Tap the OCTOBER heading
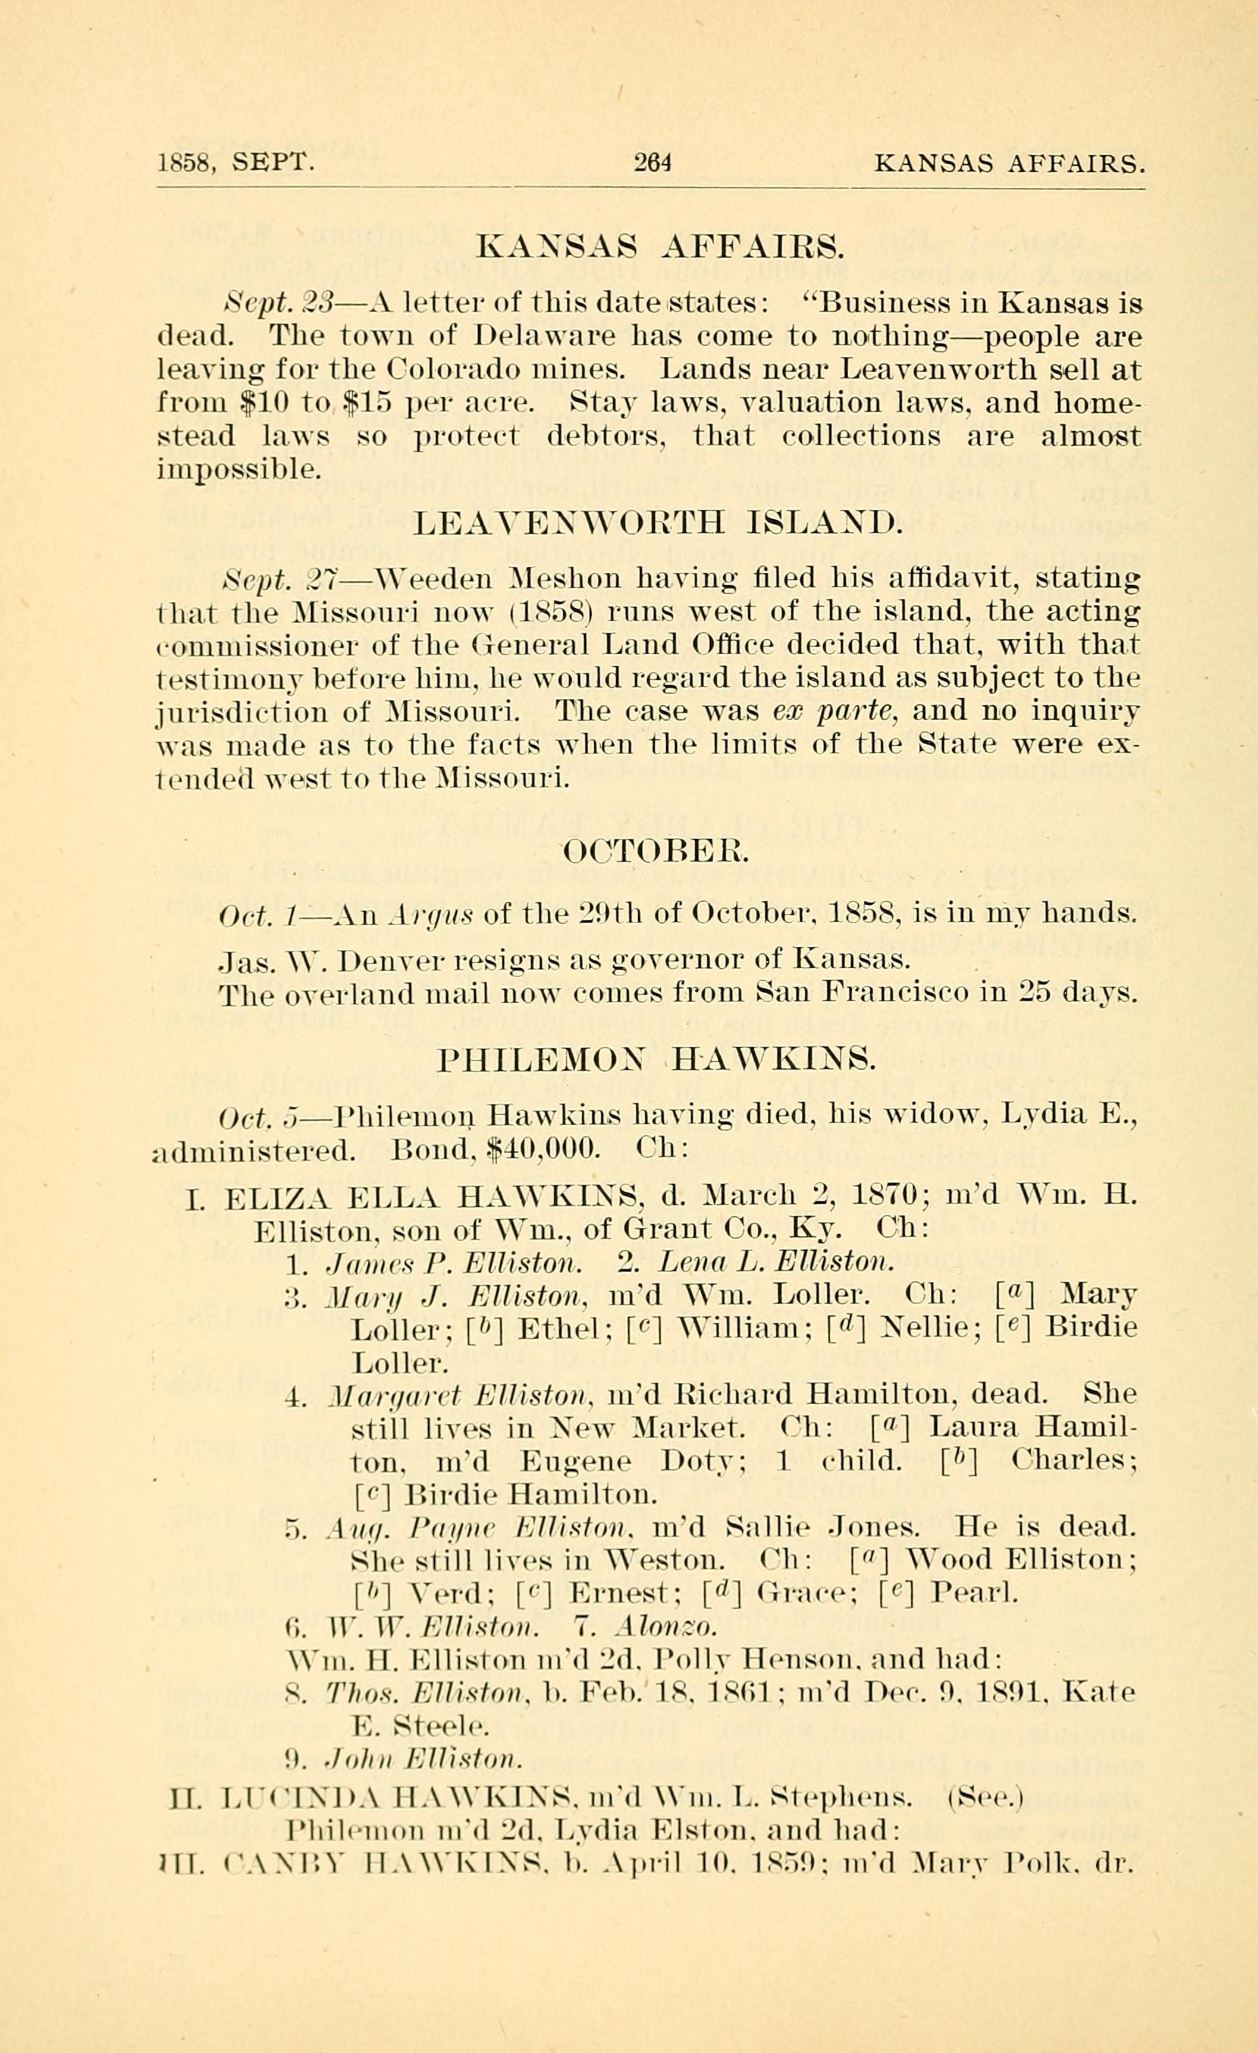pos(657,852)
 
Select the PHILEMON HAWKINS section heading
pos(657,1060)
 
